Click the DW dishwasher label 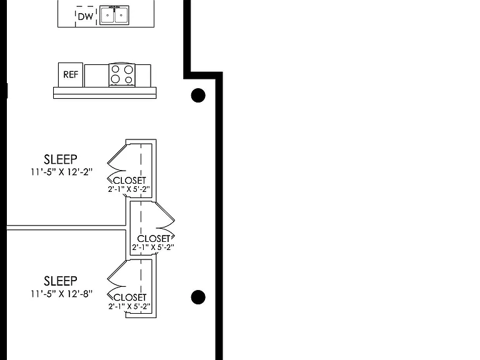(x=86, y=16)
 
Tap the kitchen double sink (x=114, y=15)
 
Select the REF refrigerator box (x=71, y=75)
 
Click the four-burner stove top (x=122, y=75)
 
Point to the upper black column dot (x=198, y=95)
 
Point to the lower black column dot (x=198, y=297)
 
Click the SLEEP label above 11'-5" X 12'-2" (x=61, y=159)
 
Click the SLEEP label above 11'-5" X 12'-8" (x=61, y=281)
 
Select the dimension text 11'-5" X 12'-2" (x=61, y=172)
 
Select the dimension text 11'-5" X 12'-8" (x=61, y=294)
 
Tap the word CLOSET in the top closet (x=129, y=181)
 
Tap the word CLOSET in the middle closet (x=153, y=239)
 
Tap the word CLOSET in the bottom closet (x=130, y=297)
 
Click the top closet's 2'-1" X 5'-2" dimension (x=129, y=189)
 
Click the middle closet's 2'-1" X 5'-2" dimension (x=153, y=247)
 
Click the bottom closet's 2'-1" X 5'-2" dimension (x=129, y=306)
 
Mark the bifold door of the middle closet (x=165, y=221)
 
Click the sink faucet (x=114, y=8)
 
